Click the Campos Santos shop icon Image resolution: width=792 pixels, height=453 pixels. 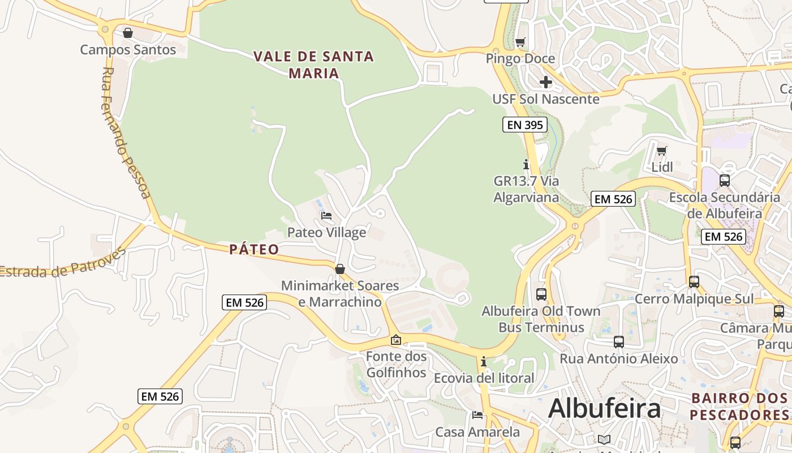click(x=128, y=33)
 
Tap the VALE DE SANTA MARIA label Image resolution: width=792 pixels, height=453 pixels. click(x=313, y=65)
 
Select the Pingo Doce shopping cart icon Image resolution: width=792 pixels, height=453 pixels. click(x=520, y=42)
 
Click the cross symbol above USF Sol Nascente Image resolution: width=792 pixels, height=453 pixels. click(x=545, y=82)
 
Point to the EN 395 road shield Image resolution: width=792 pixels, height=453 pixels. click(x=524, y=125)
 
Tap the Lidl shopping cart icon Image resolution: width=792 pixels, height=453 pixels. click(x=662, y=151)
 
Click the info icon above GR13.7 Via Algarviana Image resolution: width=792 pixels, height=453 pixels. click(x=526, y=164)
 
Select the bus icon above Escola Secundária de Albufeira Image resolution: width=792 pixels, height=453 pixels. click(x=724, y=181)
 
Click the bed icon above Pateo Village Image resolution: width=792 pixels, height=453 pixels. click(x=326, y=215)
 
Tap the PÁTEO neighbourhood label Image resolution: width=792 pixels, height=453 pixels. click(x=254, y=250)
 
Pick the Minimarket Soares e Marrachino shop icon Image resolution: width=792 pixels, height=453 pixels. click(x=340, y=269)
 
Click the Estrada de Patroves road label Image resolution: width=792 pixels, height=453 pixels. click(x=62, y=264)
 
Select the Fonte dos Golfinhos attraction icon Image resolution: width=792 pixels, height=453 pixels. click(x=396, y=340)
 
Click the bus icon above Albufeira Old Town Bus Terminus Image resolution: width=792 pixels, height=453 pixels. click(x=541, y=294)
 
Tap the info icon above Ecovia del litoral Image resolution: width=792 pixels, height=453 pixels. click(x=484, y=361)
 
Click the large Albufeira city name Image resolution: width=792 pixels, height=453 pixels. click(x=604, y=408)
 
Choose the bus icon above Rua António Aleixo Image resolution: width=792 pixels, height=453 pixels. click(x=619, y=342)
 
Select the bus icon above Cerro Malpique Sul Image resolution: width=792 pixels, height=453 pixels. click(x=694, y=281)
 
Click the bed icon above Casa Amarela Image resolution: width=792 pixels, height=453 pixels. click(x=477, y=415)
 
